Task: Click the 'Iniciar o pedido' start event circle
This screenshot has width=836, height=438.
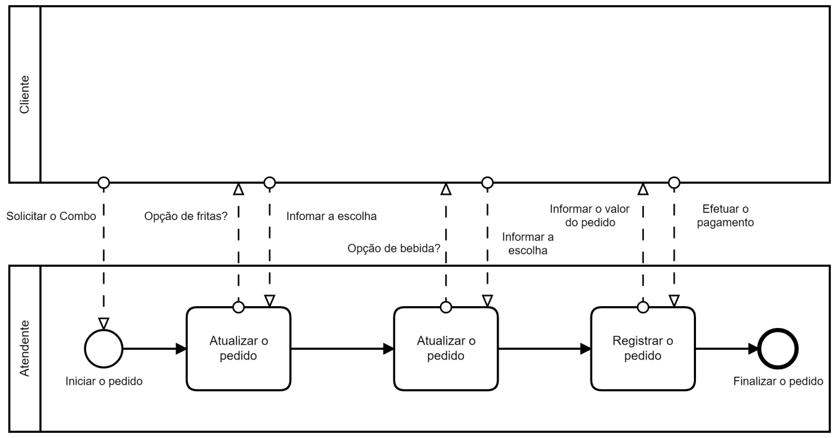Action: point(103,349)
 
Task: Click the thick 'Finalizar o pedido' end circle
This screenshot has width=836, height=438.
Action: point(778,349)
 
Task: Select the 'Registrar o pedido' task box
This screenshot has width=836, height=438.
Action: point(643,348)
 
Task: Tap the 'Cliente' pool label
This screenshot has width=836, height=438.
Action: point(24,94)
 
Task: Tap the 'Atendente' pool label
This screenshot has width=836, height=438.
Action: point(24,347)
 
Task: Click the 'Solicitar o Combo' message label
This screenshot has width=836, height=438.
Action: point(51,217)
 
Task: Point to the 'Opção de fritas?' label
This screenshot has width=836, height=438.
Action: point(186,217)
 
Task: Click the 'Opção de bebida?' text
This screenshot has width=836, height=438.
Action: point(394,248)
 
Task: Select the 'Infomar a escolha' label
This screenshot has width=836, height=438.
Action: point(331,217)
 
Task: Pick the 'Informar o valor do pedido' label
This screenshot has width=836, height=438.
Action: point(589,216)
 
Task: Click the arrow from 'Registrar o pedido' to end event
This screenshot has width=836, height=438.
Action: point(726,349)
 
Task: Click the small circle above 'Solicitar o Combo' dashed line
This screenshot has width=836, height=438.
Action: point(103,183)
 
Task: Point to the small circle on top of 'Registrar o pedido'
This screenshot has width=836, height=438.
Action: point(643,307)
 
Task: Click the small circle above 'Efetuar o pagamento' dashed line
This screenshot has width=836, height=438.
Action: point(673,183)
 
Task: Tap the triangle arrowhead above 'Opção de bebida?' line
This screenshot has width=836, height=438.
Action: point(445,189)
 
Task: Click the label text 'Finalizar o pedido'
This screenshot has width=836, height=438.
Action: point(778,381)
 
